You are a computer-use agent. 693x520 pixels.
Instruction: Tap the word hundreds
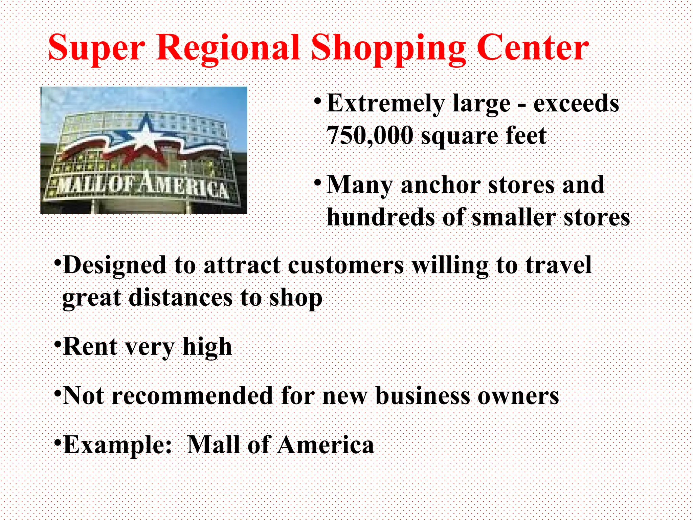click(380, 217)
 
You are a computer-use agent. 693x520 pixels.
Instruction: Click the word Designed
click(114, 265)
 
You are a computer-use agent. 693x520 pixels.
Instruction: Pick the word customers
click(345, 265)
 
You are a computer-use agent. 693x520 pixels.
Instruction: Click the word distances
click(181, 298)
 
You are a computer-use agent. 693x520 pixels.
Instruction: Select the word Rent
click(90, 347)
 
